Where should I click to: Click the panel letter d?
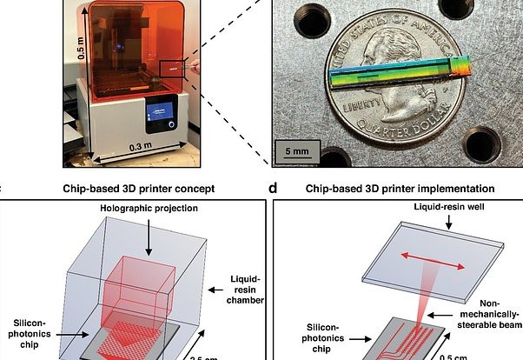point(274,187)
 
